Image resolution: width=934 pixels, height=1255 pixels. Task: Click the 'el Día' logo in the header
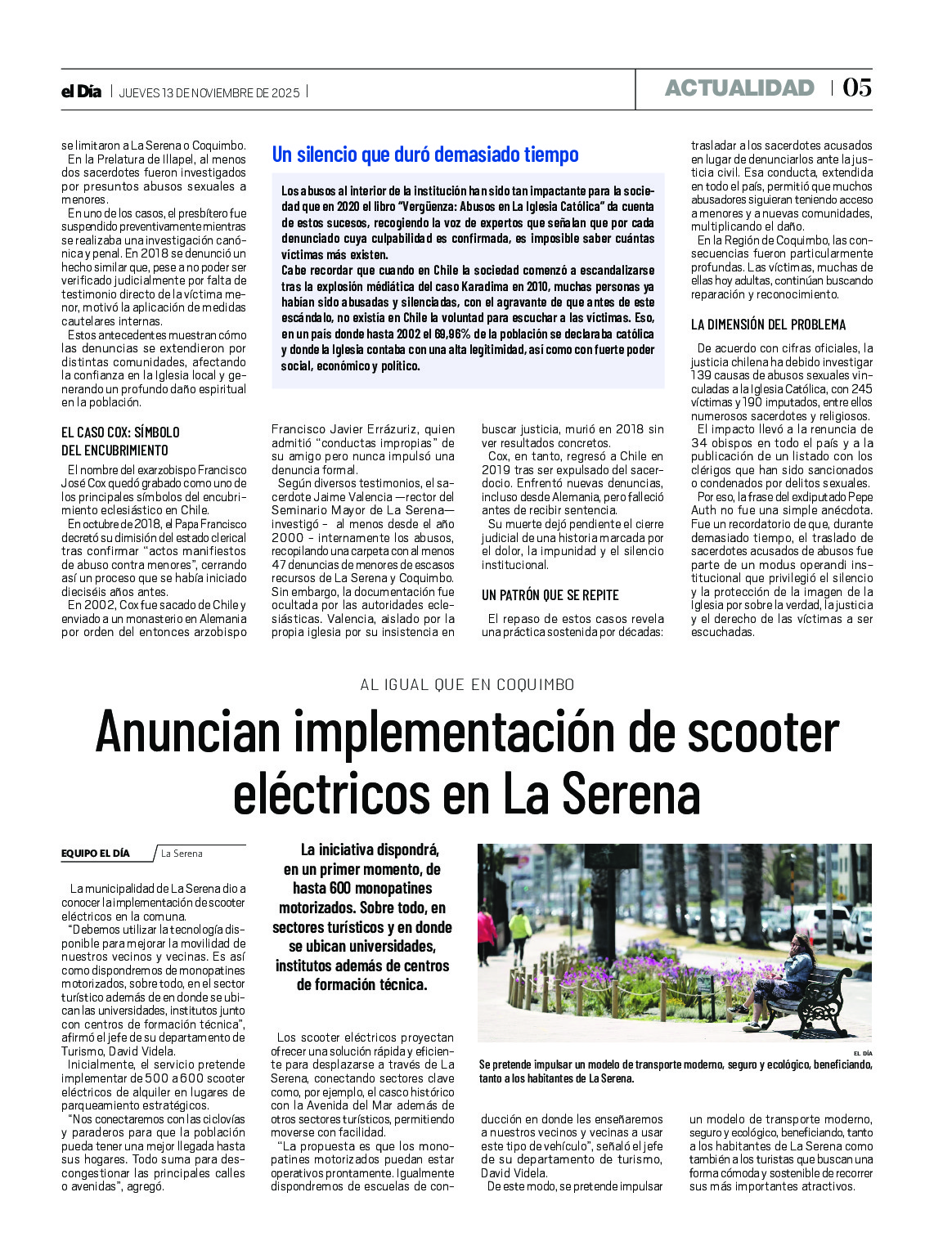pos(81,92)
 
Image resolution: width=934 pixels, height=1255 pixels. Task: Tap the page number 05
pos(856,87)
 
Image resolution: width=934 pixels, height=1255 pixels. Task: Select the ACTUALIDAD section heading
pos(739,88)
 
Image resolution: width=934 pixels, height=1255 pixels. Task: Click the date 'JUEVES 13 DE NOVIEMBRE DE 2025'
pos(209,92)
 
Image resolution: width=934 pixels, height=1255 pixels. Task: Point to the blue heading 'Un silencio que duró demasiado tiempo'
pos(425,155)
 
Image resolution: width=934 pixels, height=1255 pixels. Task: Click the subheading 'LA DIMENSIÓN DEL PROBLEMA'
pos(768,325)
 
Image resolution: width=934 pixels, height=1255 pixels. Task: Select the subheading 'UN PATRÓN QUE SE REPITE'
pos(550,595)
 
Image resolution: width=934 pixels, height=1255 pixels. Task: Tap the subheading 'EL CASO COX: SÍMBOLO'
pos(120,433)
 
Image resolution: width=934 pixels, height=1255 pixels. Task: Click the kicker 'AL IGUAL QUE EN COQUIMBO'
pos(467,684)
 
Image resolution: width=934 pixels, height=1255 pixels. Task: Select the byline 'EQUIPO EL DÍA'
pos(96,854)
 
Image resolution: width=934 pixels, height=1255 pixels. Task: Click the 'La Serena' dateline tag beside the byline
pos(182,854)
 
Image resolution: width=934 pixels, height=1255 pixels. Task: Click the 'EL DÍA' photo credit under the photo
pos(862,1053)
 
